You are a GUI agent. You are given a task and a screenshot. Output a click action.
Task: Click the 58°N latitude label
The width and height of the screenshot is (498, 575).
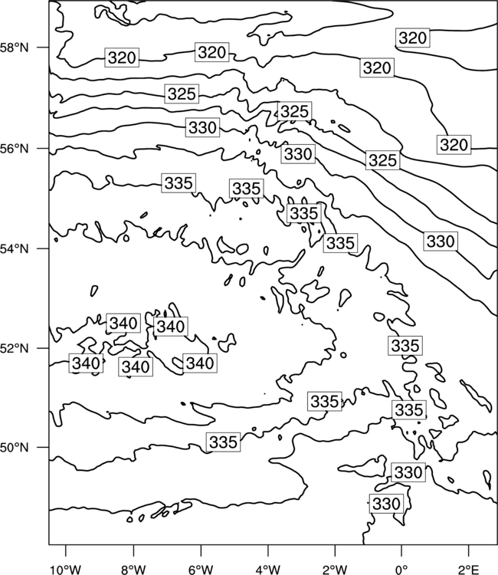[15, 48]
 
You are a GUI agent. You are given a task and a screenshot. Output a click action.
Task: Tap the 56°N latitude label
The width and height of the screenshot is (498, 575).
[15, 149]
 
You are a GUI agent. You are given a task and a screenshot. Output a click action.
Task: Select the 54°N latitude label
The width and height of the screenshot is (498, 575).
[15, 248]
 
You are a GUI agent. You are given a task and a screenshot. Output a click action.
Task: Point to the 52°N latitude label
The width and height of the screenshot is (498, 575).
[15, 347]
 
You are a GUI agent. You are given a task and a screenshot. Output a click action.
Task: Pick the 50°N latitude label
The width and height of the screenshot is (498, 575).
[15, 448]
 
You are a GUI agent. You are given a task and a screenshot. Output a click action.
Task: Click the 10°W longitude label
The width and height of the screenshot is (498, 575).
[66, 570]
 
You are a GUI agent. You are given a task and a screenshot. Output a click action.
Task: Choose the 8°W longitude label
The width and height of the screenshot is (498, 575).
[133, 570]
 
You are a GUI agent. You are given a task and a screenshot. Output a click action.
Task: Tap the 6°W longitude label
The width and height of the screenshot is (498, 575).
[201, 570]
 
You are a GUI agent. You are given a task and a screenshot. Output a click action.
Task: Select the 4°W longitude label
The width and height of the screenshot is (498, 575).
[268, 570]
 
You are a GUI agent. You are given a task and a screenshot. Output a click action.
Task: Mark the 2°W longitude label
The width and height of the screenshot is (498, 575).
[335, 570]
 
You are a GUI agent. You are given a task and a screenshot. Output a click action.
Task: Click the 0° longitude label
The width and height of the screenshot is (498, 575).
[402, 570]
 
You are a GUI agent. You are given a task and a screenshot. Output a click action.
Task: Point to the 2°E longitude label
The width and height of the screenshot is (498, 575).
[469, 570]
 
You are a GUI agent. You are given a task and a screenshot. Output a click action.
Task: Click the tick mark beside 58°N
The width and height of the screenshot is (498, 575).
[43, 48]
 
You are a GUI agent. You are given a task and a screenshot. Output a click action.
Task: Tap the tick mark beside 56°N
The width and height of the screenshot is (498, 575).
[43, 148]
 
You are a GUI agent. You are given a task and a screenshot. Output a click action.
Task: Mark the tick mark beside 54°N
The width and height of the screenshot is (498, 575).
[43, 248]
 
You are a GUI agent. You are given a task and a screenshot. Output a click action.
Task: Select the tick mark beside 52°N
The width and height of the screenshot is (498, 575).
[43, 347]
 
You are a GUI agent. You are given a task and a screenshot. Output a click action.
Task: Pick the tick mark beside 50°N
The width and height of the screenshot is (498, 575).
[43, 447]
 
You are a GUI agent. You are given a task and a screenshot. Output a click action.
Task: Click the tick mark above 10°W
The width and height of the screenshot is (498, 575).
[66, 550]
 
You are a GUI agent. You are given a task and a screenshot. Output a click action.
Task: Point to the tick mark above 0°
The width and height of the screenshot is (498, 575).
[401, 550]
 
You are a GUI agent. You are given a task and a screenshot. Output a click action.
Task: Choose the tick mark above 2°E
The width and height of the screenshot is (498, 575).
[469, 550]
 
